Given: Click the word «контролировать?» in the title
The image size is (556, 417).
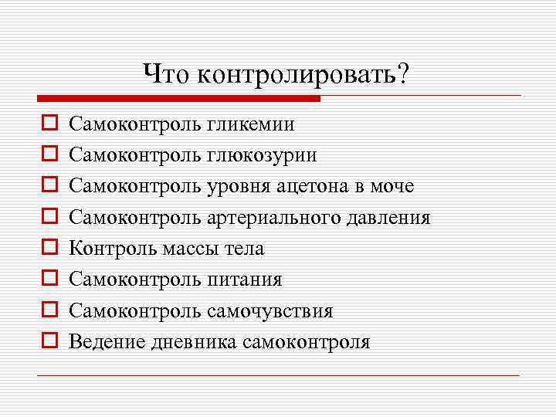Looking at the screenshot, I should coord(303,74).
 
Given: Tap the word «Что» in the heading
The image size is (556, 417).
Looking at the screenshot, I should coord(167,74).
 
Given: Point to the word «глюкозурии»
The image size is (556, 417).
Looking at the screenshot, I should coord(262,155).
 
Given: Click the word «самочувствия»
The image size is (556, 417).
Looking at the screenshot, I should coord(270,311).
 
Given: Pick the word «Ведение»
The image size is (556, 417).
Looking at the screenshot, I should coord(103,342).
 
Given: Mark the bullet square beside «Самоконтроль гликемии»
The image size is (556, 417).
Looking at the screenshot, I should coord(47,123).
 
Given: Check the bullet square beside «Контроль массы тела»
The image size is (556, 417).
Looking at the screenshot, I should coord(47,248).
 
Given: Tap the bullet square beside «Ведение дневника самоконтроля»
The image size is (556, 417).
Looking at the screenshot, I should coord(47,341).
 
